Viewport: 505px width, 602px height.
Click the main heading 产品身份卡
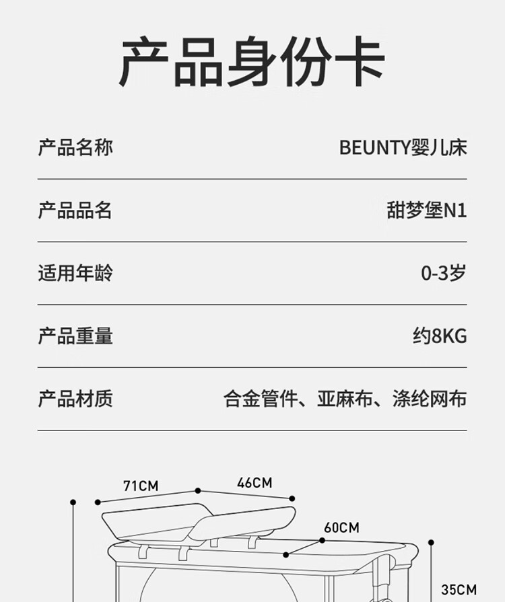(x=252, y=63)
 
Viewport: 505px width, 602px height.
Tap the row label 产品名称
(x=75, y=147)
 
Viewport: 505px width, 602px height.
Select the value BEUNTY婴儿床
(x=403, y=147)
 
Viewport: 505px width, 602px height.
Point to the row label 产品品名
(x=75, y=211)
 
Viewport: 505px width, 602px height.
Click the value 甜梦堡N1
(x=426, y=211)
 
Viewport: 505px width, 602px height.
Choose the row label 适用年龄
(x=75, y=273)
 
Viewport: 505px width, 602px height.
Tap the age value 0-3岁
(x=443, y=273)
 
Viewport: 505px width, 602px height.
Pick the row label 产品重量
(x=75, y=336)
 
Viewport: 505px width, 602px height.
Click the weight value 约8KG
(x=439, y=336)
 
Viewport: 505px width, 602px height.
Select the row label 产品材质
(x=75, y=399)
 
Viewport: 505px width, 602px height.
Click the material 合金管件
(x=260, y=399)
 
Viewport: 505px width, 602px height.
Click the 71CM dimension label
(x=141, y=485)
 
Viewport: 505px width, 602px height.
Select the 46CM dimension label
(x=255, y=482)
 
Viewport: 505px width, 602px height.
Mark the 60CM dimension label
(x=341, y=527)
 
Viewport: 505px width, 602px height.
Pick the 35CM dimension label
(x=459, y=590)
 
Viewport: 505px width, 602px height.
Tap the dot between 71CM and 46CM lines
(x=197, y=491)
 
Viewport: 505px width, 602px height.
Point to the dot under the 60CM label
(x=287, y=555)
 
